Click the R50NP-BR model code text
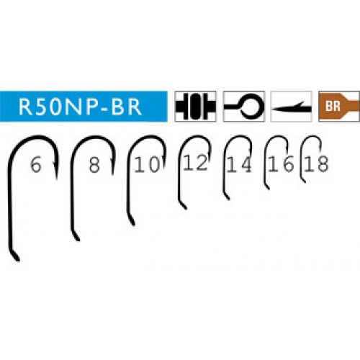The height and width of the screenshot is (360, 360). [80, 107]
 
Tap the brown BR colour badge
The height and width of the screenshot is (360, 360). [339, 107]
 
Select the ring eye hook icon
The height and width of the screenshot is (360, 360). [243, 107]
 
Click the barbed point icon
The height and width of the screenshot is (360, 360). [291, 107]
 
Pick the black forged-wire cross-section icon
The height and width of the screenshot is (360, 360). [195, 107]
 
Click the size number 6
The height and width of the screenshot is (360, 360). [36, 165]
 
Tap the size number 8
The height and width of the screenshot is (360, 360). [94, 165]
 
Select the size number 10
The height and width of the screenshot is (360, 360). [147, 164]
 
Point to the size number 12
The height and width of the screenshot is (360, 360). [195, 163]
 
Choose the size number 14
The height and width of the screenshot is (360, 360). [239, 164]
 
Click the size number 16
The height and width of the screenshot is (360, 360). [281, 164]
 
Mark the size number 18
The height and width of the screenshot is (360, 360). [316, 164]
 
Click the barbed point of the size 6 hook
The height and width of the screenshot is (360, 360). [57, 179]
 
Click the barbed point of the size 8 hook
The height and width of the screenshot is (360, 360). [112, 174]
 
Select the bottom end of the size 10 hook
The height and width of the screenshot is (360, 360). [133, 225]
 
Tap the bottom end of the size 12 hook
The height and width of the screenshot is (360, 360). [186, 208]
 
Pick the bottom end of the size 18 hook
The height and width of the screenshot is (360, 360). [305, 182]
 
